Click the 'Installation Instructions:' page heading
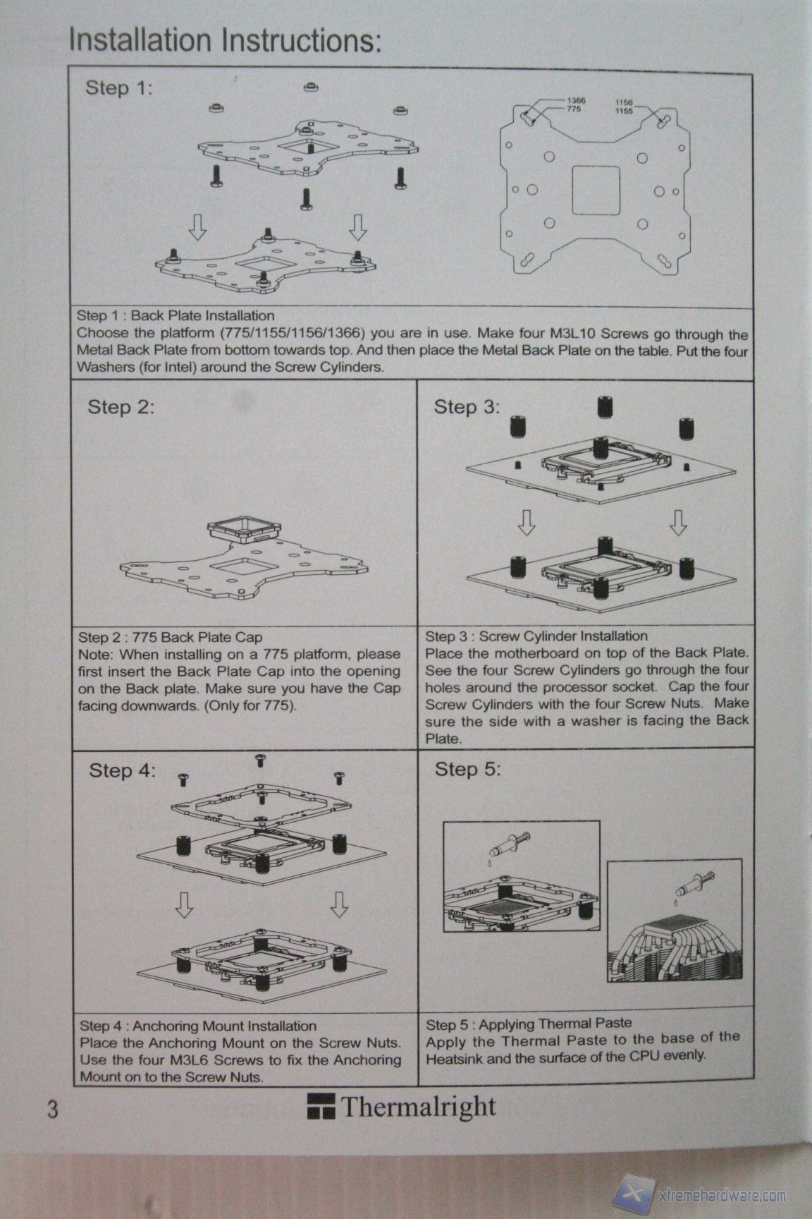(x=225, y=42)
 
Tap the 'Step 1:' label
(x=118, y=88)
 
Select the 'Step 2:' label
(x=121, y=407)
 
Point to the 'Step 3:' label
(x=467, y=407)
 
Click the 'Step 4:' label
(x=122, y=770)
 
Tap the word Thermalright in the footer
(x=419, y=1108)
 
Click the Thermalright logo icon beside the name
(x=321, y=1107)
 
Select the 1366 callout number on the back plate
(x=576, y=101)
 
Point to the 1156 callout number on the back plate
(x=624, y=102)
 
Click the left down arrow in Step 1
(x=197, y=227)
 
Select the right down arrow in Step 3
(x=677, y=522)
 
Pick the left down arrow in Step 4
(x=184, y=904)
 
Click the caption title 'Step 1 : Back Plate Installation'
(x=176, y=315)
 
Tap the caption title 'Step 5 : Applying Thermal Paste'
(x=529, y=1023)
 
